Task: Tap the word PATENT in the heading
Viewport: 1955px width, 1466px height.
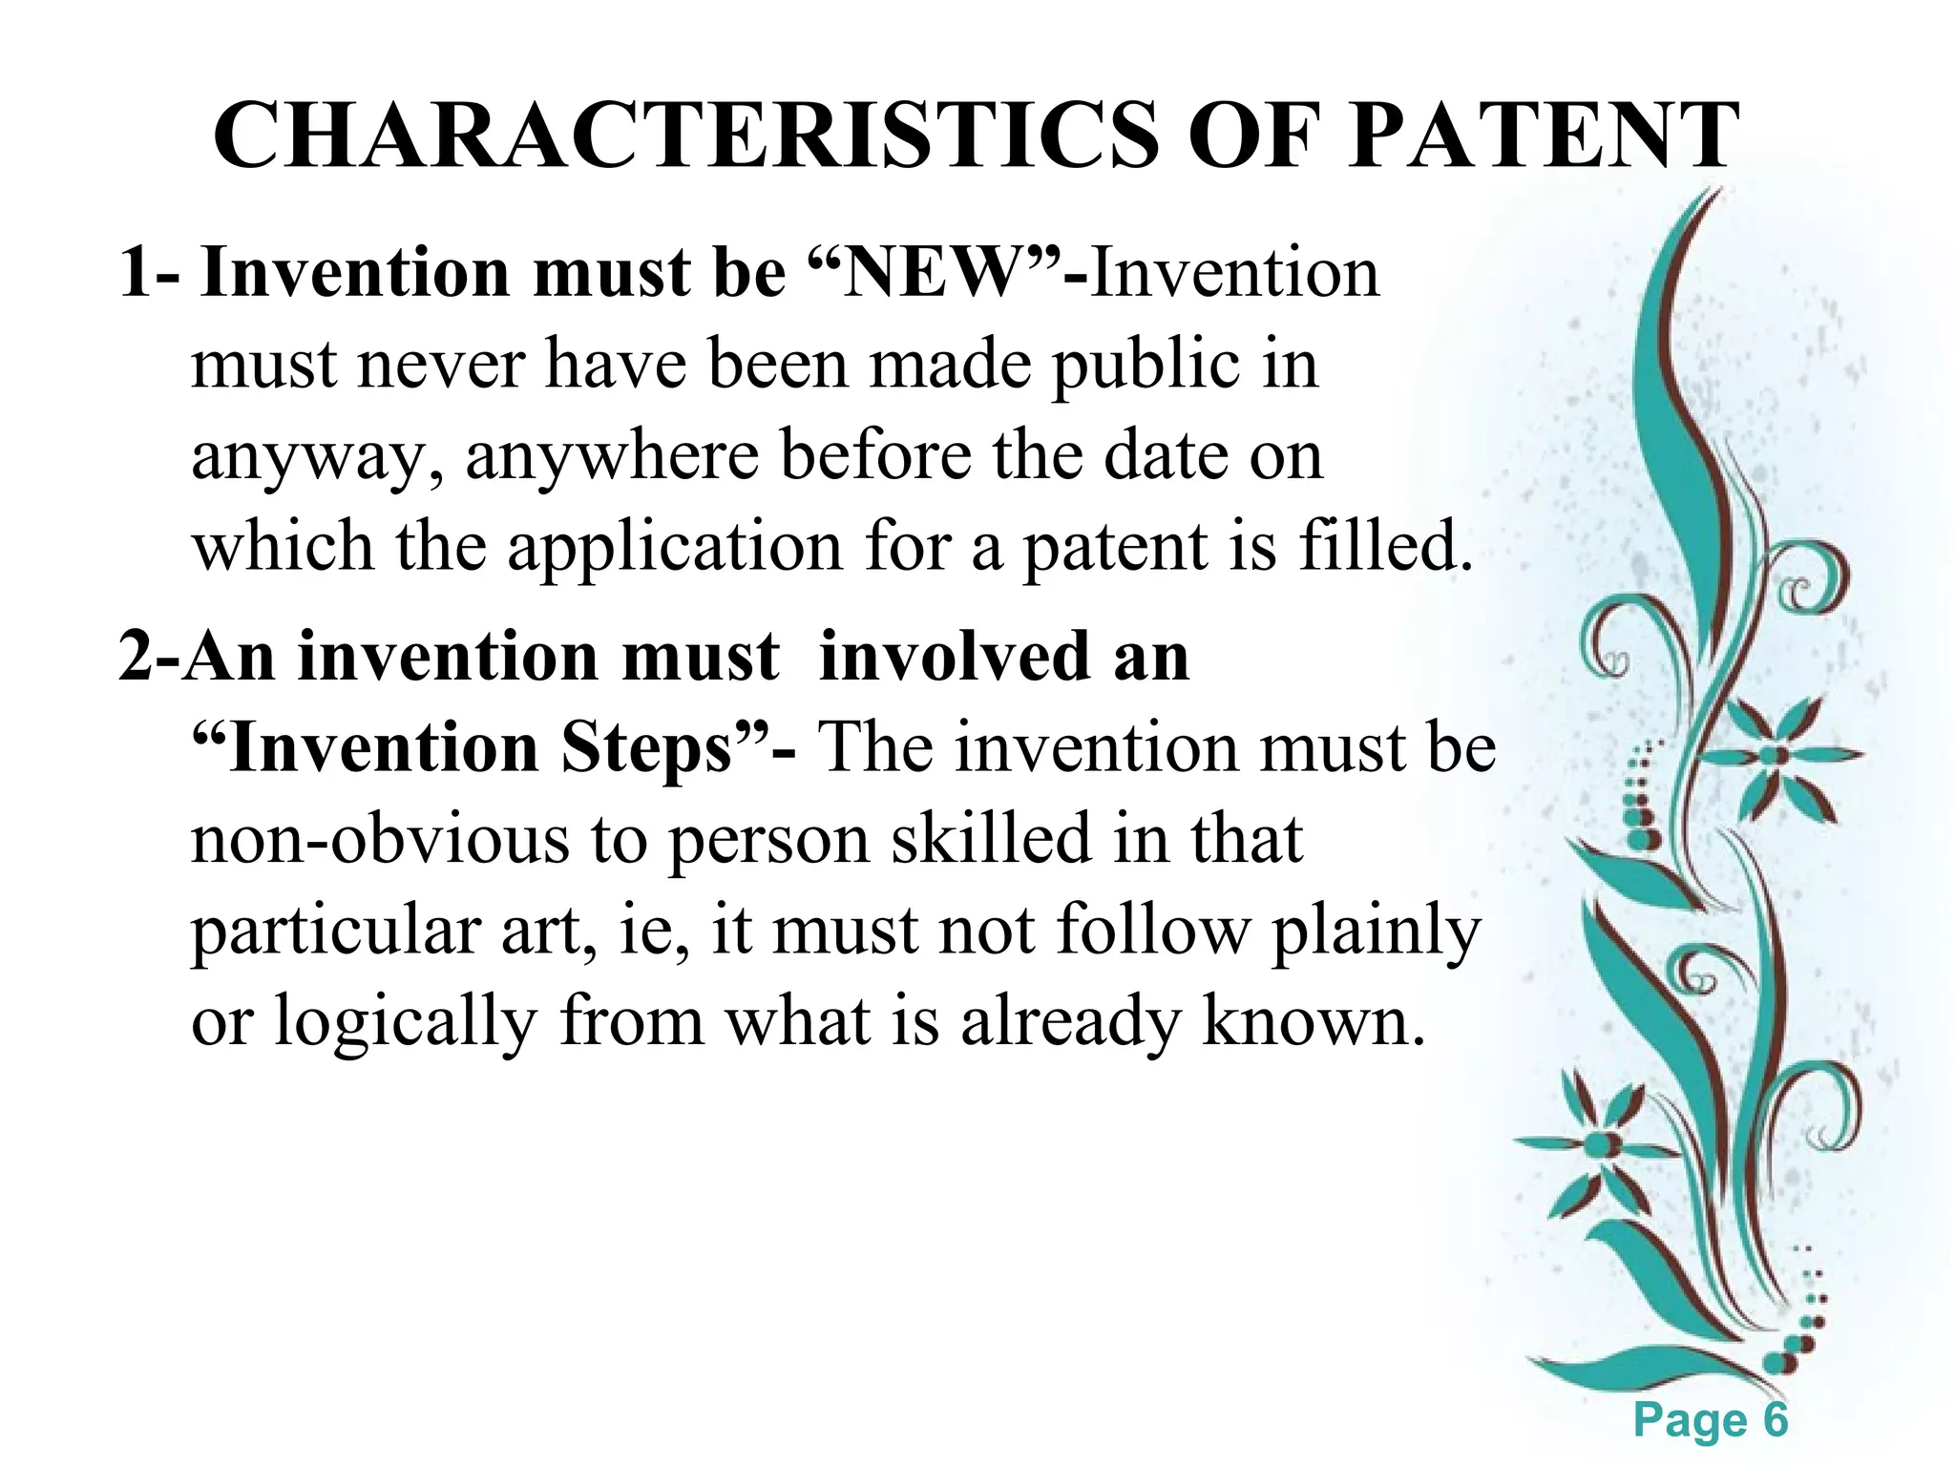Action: coord(1544,136)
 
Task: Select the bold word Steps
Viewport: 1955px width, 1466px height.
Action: coord(645,748)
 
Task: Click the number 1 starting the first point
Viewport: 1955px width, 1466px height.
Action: coord(137,274)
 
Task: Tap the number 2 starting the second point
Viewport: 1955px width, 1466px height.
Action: coord(135,658)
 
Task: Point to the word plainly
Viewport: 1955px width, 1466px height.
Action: coord(1376,932)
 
